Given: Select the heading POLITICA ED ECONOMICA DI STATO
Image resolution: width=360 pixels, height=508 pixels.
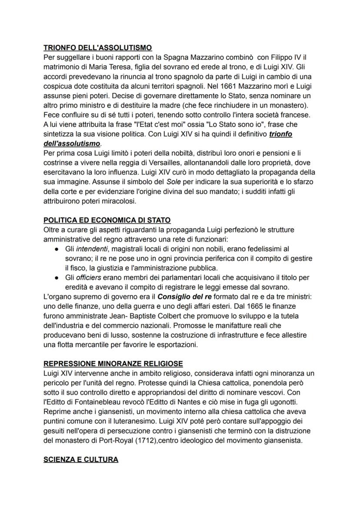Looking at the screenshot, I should tap(107, 220).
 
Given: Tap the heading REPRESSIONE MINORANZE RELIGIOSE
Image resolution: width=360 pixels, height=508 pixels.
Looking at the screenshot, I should tap(113, 363).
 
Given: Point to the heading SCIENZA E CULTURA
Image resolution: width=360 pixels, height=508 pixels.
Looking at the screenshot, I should tap(80, 459).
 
